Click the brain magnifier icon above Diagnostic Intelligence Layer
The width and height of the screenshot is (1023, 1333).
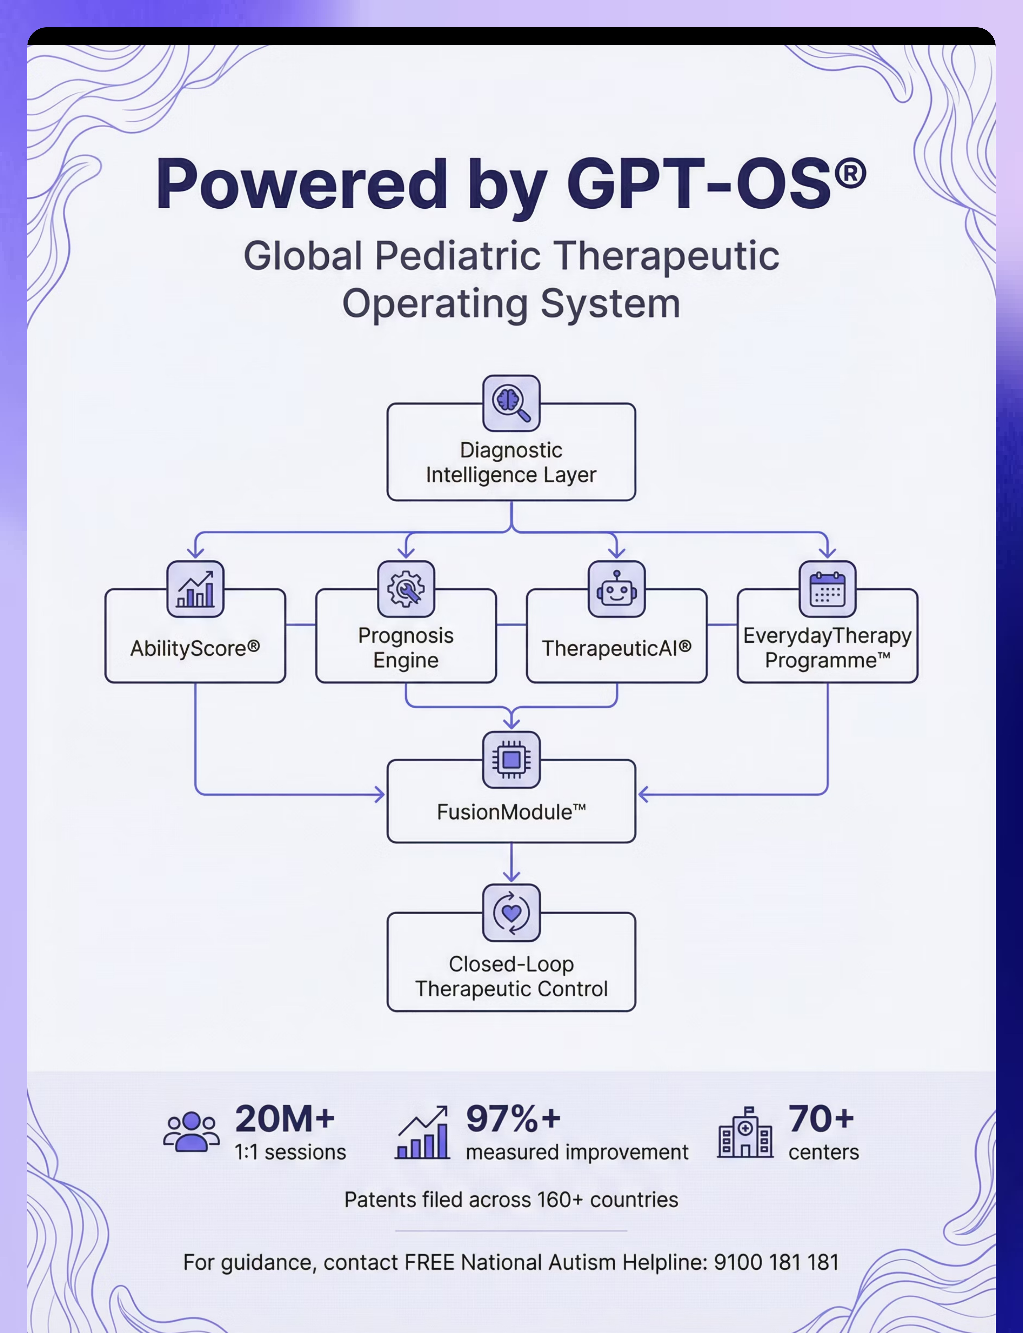511,403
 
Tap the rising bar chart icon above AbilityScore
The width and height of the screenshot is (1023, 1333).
196,589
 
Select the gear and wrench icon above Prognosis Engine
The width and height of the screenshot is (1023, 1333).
406,589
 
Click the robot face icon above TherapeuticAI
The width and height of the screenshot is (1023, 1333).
617,589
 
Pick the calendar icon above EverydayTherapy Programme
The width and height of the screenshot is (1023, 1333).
827,589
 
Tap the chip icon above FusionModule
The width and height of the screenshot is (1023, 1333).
511,760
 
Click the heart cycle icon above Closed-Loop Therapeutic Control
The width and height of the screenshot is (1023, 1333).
511,912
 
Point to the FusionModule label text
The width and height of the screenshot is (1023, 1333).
511,812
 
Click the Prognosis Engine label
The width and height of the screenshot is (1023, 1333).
406,648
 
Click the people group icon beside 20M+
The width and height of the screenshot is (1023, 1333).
191,1131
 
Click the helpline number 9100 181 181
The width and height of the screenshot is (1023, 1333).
776,1262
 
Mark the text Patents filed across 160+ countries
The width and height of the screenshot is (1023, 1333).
511,1200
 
